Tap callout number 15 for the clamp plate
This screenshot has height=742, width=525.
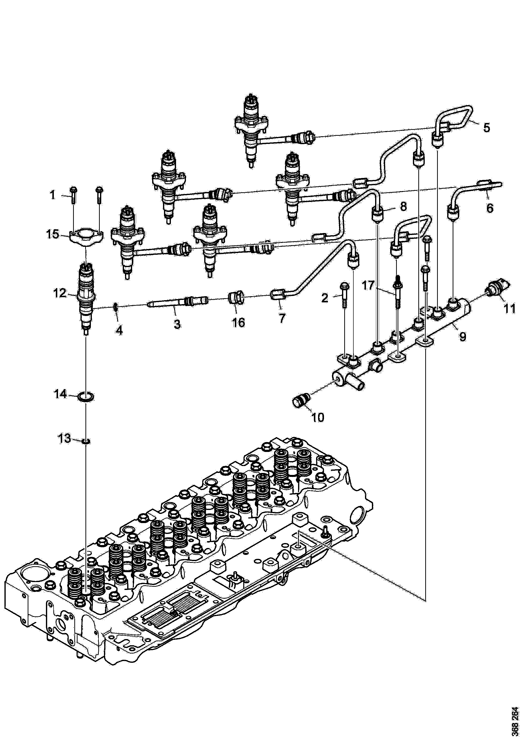coord(53,234)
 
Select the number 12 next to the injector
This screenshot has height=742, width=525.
coord(60,293)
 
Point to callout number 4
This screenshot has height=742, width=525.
coord(119,330)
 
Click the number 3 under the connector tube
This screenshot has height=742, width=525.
coord(177,324)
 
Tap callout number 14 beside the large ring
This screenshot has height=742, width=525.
coord(61,394)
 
